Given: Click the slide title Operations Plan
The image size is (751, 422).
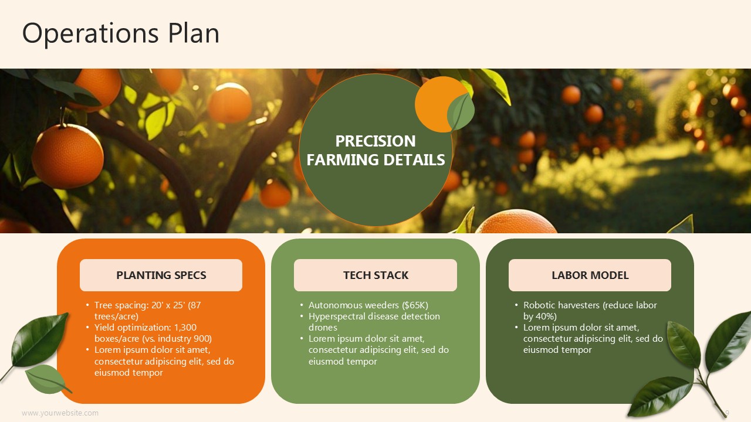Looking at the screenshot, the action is pyautogui.click(x=121, y=33).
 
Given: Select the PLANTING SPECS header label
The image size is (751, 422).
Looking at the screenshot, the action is pyautogui.click(x=161, y=275).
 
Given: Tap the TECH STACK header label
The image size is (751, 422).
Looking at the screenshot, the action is pyautogui.click(x=375, y=275).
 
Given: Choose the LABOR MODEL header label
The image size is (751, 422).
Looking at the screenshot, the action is pyautogui.click(x=590, y=275).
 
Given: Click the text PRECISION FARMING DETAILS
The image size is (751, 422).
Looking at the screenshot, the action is pyautogui.click(x=375, y=151).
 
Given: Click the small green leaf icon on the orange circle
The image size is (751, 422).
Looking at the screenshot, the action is pyautogui.click(x=461, y=111).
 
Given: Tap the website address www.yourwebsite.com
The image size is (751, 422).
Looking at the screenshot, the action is pyautogui.click(x=60, y=413).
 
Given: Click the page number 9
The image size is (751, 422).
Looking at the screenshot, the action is pyautogui.click(x=727, y=413).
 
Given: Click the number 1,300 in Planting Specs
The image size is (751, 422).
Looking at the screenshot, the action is pyautogui.click(x=185, y=328).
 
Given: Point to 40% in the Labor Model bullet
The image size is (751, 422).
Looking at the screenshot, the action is pyautogui.click(x=545, y=316).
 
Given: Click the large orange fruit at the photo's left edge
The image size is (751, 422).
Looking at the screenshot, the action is pyautogui.click(x=68, y=156).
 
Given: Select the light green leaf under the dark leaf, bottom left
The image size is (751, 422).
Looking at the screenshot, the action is pyautogui.click(x=48, y=379).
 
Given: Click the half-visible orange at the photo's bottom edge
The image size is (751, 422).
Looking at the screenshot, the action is pyautogui.click(x=516, y=222).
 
